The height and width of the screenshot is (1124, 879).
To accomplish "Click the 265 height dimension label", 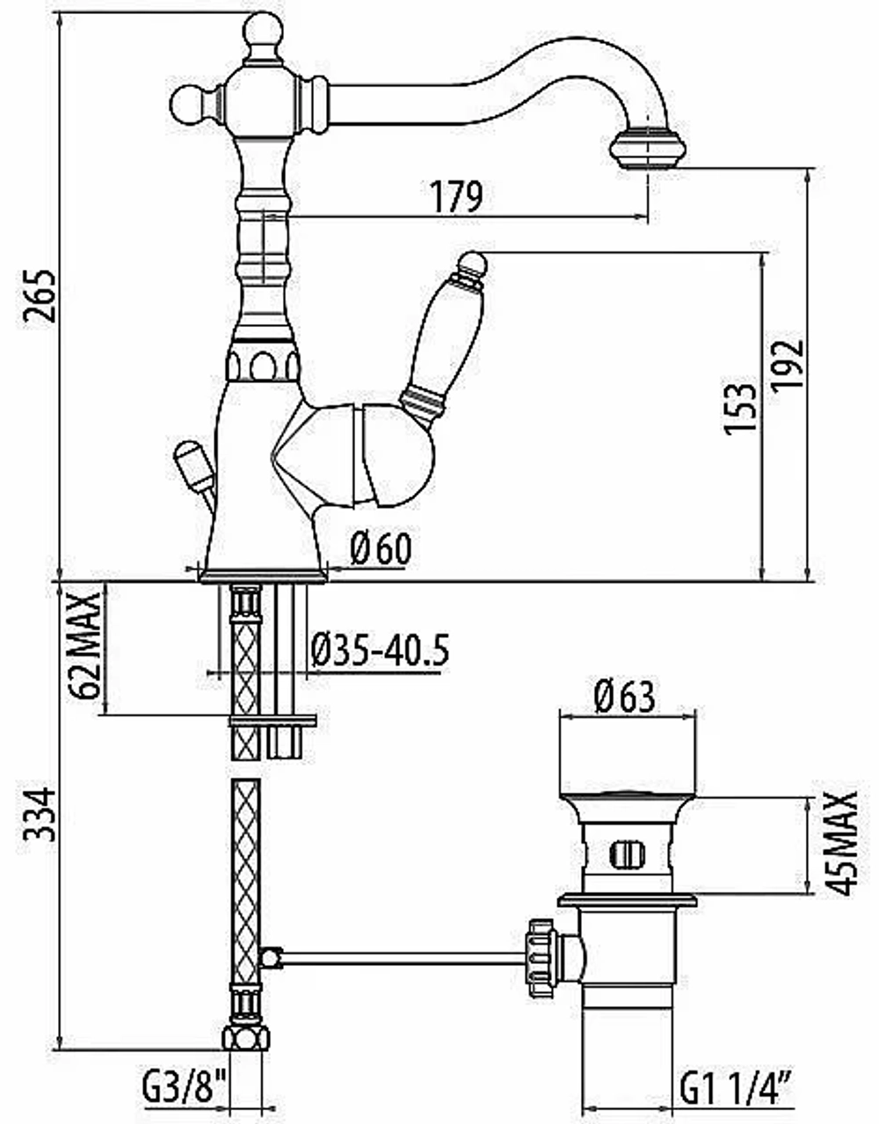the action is coord(40,296).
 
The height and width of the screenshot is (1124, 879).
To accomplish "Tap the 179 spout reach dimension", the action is coord(457,197).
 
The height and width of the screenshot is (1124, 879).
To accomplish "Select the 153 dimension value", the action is coord(740,409).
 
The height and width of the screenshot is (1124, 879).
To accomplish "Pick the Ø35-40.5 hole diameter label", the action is coord(381,649).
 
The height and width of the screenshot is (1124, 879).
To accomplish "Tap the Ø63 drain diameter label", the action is coord(625,697).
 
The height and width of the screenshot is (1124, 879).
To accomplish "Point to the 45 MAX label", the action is coord(841,844).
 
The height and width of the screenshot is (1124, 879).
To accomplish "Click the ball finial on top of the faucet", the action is coord(264,30).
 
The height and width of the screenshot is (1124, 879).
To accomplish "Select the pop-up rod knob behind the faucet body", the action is coord(193,466).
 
